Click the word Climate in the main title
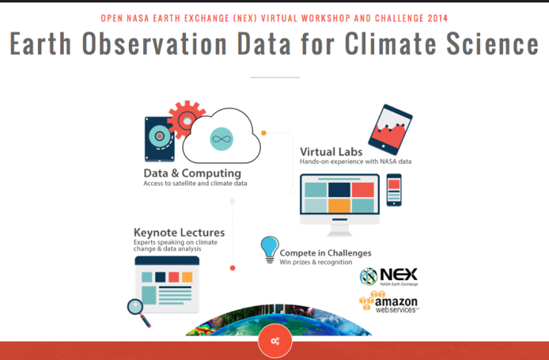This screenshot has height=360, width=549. [390, 44]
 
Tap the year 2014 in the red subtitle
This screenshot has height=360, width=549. [438, 19]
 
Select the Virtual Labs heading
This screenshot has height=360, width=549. [331, 152]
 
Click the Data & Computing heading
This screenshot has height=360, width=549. [192, 173]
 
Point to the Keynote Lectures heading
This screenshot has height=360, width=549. [179, 233]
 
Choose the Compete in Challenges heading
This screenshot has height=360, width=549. [325, 253]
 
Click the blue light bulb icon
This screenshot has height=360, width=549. [270, 250]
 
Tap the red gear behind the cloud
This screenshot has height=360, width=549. [184, 120]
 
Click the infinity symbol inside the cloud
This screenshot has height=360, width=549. [222, 139]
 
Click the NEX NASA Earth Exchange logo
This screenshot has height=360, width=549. [389, 276]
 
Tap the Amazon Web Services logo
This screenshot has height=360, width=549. [389, 302]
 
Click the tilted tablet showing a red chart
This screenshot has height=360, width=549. [390, 130]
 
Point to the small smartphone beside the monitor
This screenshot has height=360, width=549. [394, 190]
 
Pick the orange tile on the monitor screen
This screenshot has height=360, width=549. [339, 206]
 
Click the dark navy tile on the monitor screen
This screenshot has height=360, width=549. [339, 190]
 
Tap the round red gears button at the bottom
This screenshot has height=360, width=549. [275, 341]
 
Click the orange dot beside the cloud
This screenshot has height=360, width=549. [264, 133]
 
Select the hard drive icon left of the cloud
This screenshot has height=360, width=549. [159, 139]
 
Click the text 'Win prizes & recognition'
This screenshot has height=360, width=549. [316, 262]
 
